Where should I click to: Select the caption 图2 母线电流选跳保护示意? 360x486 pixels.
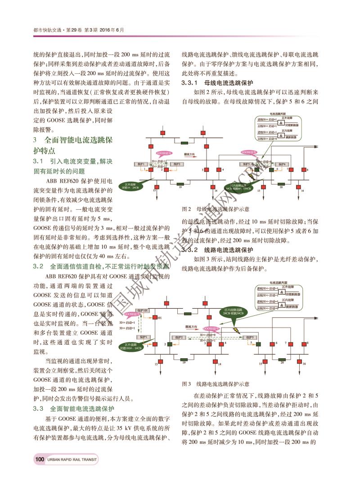pos(216,209)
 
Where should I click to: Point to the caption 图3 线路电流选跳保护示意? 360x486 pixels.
pos(216,384)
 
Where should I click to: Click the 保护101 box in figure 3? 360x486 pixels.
pos(142,310)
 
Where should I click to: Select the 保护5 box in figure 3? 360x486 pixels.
pos(249,337)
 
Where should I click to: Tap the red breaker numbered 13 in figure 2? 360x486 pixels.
pos(154,185)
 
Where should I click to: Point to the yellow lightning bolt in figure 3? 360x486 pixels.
pos(235,331)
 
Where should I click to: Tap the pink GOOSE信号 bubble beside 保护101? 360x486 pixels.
pos(130,314)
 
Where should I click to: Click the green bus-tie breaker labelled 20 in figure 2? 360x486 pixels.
pos(281,184)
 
